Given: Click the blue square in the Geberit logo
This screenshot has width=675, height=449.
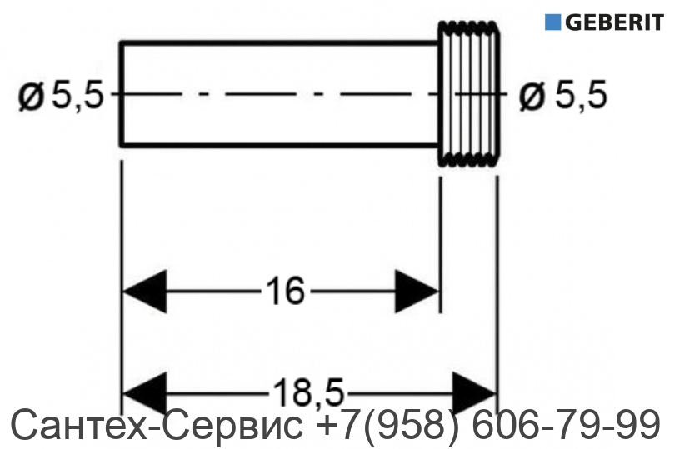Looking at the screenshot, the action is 552,22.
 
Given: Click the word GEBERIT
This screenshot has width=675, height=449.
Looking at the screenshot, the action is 615,22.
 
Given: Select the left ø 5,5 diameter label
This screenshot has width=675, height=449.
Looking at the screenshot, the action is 61,96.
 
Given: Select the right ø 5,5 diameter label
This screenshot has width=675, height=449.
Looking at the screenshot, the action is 563,96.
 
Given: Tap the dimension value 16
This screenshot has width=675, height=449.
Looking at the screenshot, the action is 285,291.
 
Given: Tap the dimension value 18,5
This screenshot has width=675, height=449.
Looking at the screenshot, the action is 308,392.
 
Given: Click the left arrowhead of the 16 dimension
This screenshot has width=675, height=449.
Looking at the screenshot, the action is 145,292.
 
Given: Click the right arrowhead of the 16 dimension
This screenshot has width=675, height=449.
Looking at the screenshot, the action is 417,292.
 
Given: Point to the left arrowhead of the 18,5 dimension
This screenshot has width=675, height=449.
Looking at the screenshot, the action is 145,393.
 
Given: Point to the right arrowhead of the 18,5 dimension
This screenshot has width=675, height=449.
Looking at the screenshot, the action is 475,393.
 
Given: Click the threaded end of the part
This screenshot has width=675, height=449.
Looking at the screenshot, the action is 469,94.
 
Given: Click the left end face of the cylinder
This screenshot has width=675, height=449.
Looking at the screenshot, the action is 122,94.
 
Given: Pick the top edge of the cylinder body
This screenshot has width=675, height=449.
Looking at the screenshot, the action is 280,43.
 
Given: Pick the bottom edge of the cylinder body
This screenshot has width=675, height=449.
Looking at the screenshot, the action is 280,146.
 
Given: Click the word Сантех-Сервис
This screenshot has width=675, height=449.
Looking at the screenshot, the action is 157,424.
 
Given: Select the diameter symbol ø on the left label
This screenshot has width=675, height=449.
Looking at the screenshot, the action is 31,97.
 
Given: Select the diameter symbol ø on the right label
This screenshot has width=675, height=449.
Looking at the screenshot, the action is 532,97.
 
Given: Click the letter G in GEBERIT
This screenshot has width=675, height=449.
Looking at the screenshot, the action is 573,22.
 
